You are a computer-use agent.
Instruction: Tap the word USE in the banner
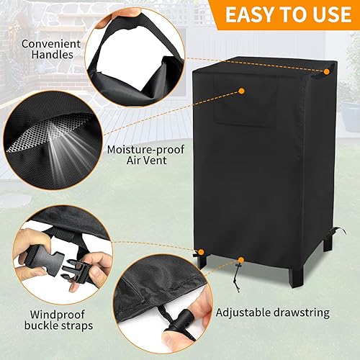329,14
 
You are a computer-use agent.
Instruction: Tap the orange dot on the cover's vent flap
241,91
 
